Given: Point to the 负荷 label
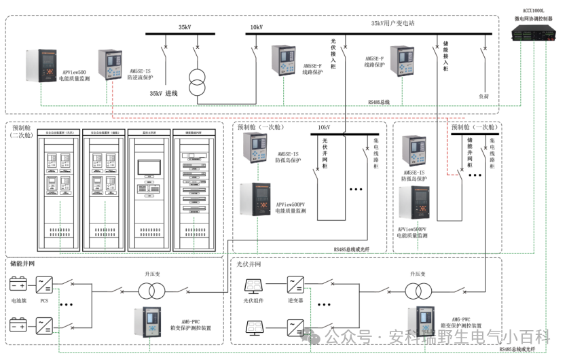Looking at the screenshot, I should [483, 97].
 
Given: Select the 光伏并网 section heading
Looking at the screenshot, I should [249, 264].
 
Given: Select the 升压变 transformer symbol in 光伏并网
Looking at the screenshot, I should [416, 291].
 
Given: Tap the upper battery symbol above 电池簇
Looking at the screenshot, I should [18, 283].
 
